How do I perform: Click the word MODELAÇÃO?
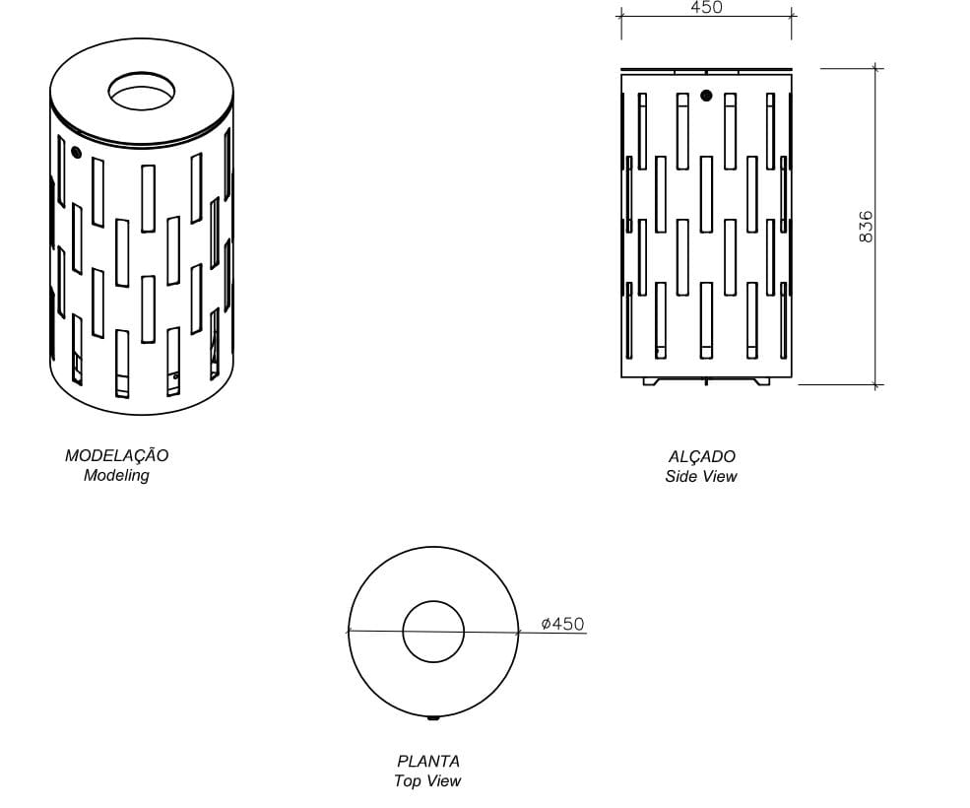pyautogui.click(x=116, y=455)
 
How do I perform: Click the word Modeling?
pyautogui.click(x=116, y=475)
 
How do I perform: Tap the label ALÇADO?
pyautogui.click(x=701, y=456)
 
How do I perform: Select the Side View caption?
pyautogui.click(x=700, y=477)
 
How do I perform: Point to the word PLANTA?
pyautogui.click(x=427, y=761)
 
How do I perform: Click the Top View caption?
pyautogui.click(x=427, y=781)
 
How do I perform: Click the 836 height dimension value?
pyautogui.click(x=866, y=227)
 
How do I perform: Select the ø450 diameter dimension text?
pyautogui.click(x=562, y=624)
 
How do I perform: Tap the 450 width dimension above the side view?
pyautogui.click(x=706, y=8)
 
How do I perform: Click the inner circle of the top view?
pyautogui.click(x=433, y=632)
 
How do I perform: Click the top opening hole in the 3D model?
pyautogui.click(x=144, y=92)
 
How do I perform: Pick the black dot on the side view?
pyautogui.click(x=706, y=96)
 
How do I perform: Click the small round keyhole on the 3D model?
pyautogui.click(x=75, y=153)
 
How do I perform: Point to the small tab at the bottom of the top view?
pyautogui.click(x=433, y=717)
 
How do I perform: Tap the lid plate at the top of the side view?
pyautogui.click(x=706, y=71)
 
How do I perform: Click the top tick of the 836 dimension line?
pyautogui.click(x=876, y=69)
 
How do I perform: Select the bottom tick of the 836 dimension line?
pyautogui.click(x=876, y=384)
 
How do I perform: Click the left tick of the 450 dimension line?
pyautogui.click(x=621, y=15)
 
